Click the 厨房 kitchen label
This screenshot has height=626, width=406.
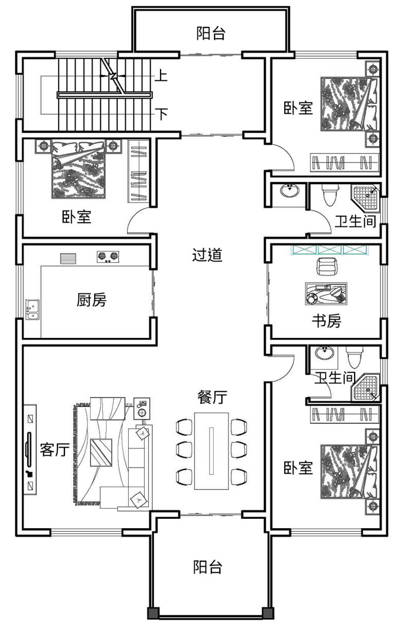(x=92, y=299)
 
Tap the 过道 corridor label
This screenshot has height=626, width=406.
(x=207, y=255)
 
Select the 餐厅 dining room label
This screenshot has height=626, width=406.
(x=212, y=397)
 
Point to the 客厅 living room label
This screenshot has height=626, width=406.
(x=55, y=450)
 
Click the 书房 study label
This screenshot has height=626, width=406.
(x=326, y=320)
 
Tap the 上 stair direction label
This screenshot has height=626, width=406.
(x=161, y=75)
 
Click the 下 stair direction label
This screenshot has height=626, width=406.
(x=161, y=114)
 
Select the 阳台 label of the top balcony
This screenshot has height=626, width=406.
(x=210, y=33)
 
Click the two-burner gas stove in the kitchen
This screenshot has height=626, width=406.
(x=108, y=257)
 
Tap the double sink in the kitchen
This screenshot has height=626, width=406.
(x=32, y=310)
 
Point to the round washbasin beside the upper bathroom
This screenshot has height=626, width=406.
(x=290, y=191)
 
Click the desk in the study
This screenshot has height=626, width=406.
(x=326, y=294)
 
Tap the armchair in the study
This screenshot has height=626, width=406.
(x=326, y=266)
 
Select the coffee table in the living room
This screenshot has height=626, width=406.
(x=101, y=452)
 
